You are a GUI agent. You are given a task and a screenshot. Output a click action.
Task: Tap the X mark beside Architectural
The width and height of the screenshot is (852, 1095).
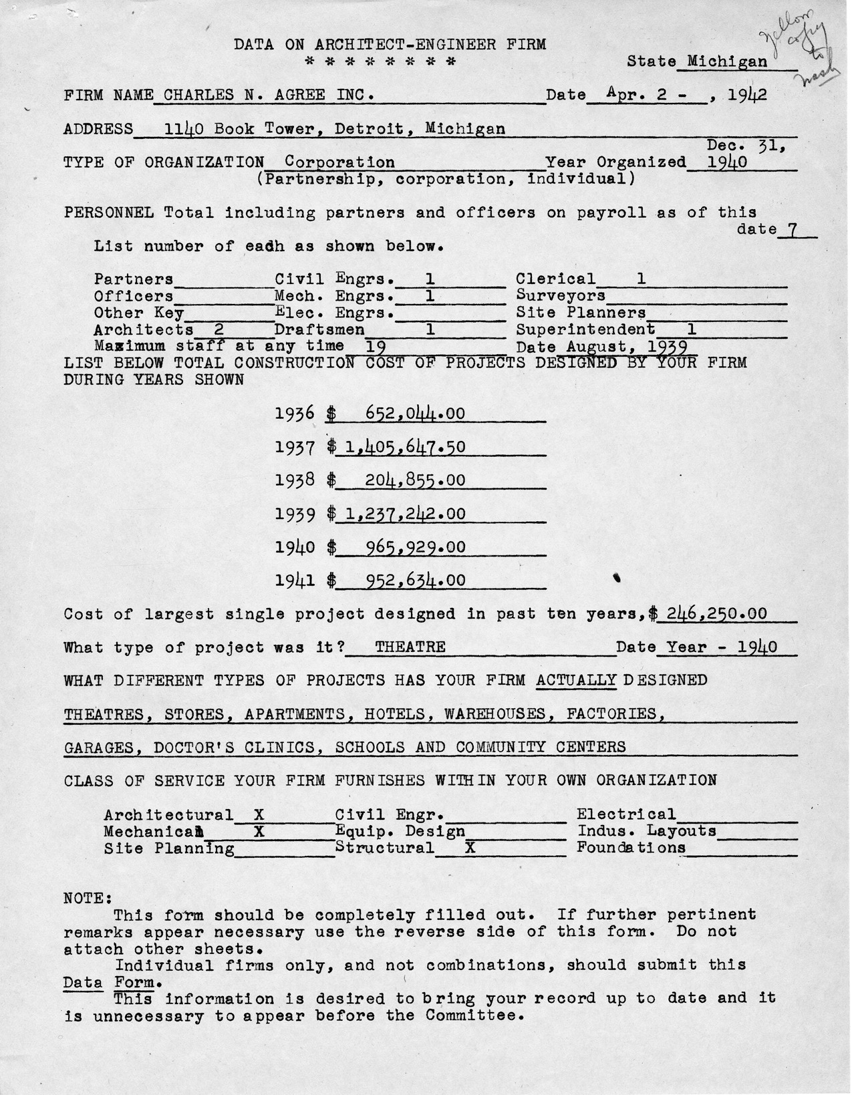click(x=259, y=814)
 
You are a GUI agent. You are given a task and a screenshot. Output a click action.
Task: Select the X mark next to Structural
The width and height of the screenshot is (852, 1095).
click(x=469, y=848)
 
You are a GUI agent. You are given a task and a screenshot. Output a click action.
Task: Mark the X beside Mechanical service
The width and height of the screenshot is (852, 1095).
click(x=259, y=831)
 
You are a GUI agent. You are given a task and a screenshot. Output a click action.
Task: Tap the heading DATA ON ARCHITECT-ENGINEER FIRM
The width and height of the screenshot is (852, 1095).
click(x=390, y=45)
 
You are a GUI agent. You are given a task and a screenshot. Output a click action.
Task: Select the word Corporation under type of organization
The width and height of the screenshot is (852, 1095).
click(x=339, y=162)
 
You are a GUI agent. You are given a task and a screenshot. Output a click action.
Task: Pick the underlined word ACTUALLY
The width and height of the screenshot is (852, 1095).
click(x=577, y=680)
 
